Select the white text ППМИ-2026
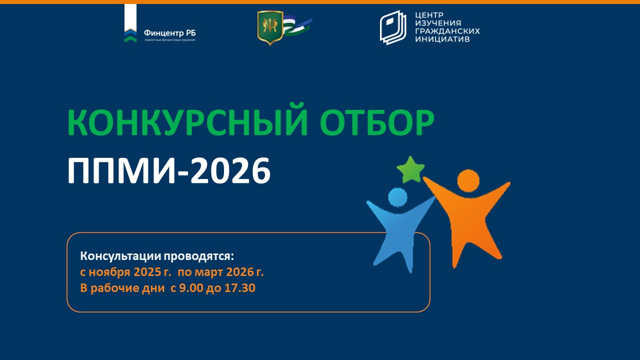click(169, 170)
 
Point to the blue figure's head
click(397, 197)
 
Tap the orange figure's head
click(468, 180)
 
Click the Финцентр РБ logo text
click(169, 32)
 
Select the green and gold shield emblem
click(270, 28)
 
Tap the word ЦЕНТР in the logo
click(429, 15)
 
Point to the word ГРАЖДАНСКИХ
click(447, 31)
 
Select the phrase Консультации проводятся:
click(157, 256)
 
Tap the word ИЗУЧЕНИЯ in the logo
click(438, 23)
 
